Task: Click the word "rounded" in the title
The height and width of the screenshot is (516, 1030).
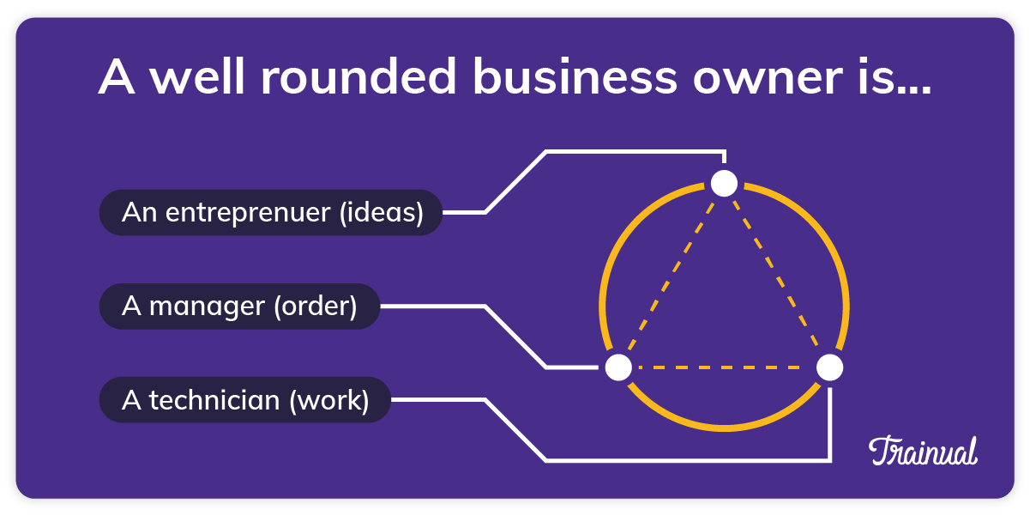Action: [358, 78]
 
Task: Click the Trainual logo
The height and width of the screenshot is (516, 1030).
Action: [923, 451]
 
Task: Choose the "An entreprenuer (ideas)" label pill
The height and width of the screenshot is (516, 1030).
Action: [271, 212]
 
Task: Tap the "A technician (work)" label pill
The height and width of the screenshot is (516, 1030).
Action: [244, 400]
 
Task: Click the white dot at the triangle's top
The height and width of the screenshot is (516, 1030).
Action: [725, 183]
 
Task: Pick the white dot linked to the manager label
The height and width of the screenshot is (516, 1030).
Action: [618, 367]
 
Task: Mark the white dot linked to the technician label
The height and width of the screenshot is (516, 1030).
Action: [829, 367]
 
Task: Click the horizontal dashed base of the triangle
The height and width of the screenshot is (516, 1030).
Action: [724, 367]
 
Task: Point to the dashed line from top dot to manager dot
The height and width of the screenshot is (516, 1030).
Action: [672, 275]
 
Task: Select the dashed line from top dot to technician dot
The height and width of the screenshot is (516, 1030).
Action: [777, 275]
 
